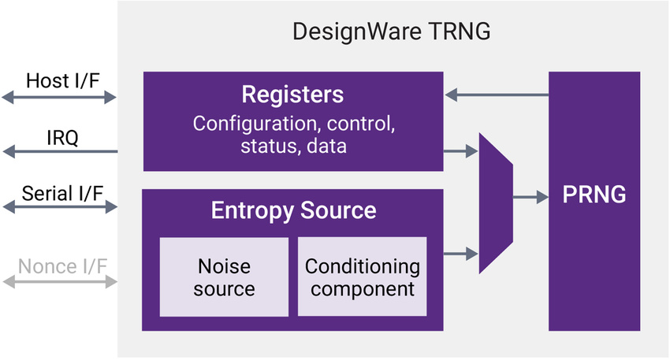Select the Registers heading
[x=292, y=95]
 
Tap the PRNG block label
[x=594, y=195]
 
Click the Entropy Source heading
[x=293, y=210]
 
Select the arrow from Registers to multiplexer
[x=462, y=150]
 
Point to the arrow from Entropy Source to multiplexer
[x=462, y=253]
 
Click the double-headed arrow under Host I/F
[x=59, y=97]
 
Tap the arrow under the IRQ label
[x=59, y=152]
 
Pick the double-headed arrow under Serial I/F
[x=59, y=207]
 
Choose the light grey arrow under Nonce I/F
[x=59, y=280]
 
